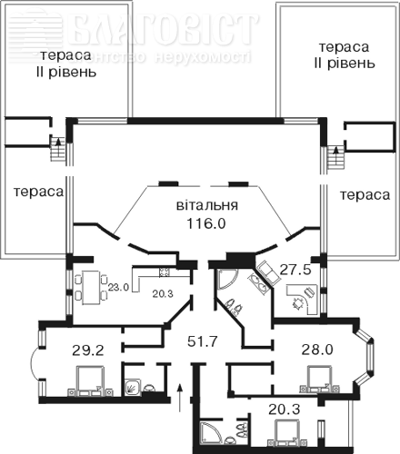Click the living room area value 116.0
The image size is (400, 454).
click(x=206, y=223)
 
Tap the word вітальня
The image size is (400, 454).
click(x=207, y=205)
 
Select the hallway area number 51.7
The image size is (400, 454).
click(x=203, y=341)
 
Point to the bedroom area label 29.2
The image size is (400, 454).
click(x=88, y=350)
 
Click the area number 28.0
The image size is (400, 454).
click(x=317, y=350)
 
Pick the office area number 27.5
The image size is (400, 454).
click(x=295, y=269)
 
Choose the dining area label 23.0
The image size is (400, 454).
click(x=119, y=287)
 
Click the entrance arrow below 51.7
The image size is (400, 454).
click(x=180, y=398)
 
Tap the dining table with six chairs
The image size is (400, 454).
click(x=91, y=288)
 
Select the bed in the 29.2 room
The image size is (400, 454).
click(x=91, y=381)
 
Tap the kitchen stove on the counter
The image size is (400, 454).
click(x=165, y=271)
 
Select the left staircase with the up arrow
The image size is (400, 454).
click(x=58, y=149)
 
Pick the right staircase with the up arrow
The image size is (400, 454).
click(x=335, y=158)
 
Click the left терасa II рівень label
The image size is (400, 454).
click(x=66, y=64)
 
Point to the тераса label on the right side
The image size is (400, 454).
click(x=365, y=195)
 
